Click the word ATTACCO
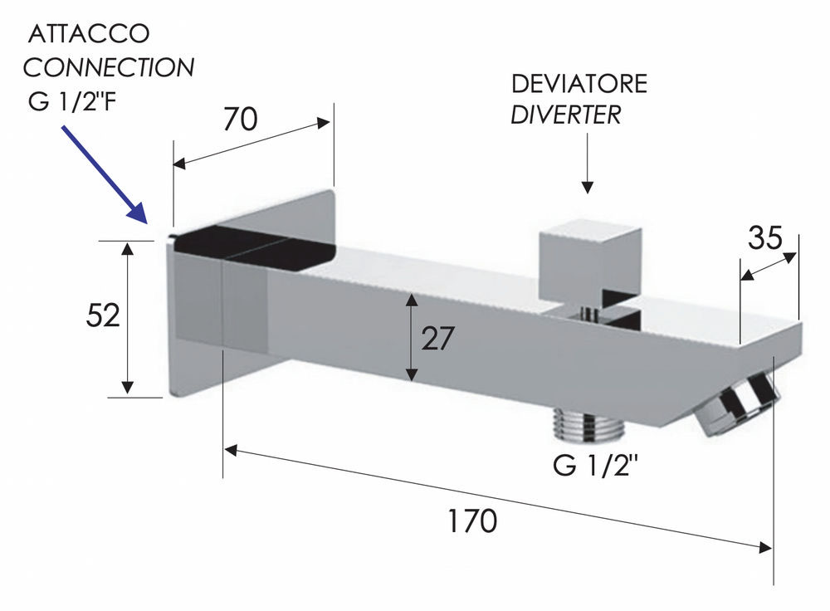coord(89,34)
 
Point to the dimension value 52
coord(104,316)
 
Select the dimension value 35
coord(764,238)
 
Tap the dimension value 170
coord(472,521)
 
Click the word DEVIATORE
coord(579,84)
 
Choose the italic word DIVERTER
coord(565,115)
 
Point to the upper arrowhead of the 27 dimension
coord(410,300)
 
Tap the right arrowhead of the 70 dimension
coord(326,123)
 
